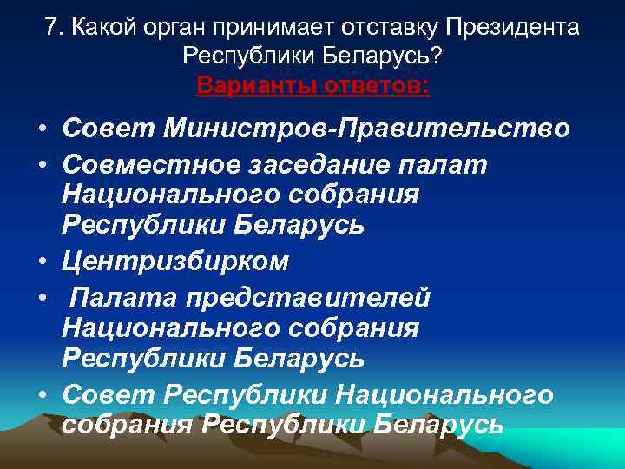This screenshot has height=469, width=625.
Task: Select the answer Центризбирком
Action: tap(175, 261)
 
